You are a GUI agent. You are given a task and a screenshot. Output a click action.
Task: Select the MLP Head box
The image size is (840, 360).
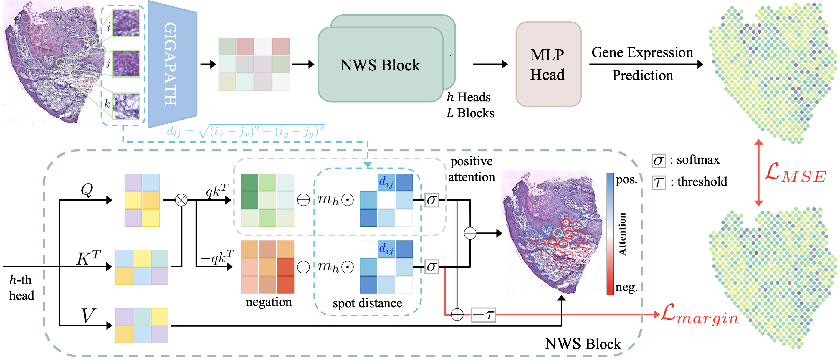548,64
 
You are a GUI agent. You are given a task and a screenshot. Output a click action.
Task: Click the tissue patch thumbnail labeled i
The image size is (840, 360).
126,23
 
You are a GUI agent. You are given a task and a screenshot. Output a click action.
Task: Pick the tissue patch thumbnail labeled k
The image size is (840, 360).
126,106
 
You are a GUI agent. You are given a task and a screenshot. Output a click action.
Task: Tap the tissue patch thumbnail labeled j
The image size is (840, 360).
126,64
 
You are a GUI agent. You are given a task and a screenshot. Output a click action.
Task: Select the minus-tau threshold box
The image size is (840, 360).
483,315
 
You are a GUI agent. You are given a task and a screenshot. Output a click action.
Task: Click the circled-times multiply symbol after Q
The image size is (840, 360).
181,200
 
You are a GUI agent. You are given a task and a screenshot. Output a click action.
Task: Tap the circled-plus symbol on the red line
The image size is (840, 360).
457,315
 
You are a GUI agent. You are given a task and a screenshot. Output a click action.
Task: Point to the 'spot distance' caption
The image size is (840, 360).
367,303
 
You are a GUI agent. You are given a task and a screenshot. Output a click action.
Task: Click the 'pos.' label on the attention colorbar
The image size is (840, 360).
626,180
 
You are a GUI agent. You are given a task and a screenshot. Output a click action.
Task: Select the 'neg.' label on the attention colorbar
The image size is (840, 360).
626,287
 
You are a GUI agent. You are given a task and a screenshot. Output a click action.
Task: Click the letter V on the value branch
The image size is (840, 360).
88,316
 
